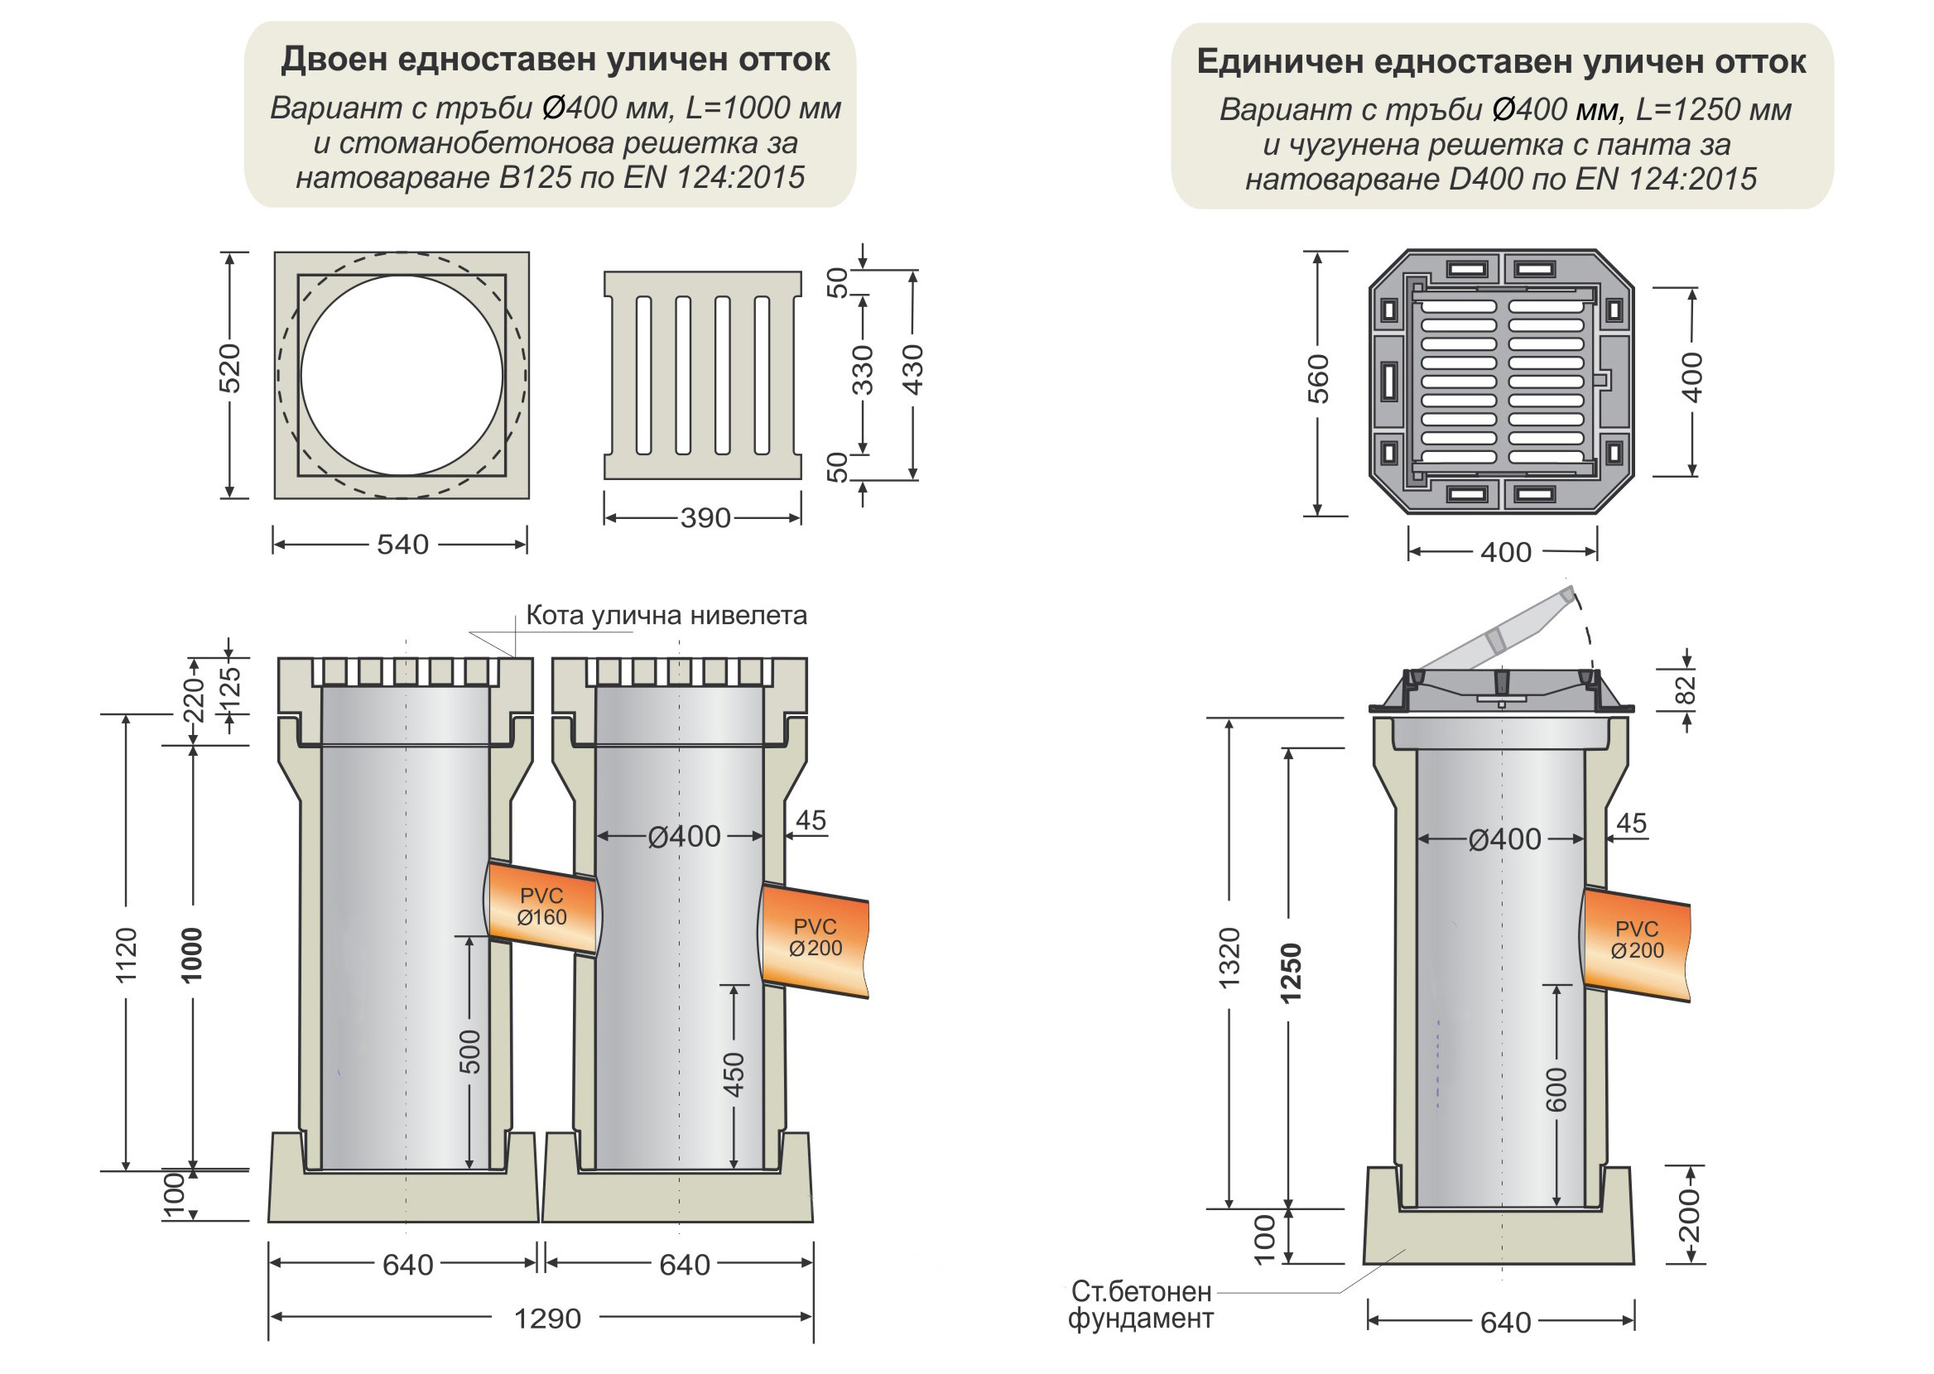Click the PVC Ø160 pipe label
pos(541,906)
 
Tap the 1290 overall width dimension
pos(547,1319)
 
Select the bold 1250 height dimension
pos(1289,973)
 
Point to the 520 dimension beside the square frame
pos(230,368)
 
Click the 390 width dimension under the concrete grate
pos(705,518)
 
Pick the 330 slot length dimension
pos(862,371)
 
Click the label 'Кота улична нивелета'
pos(666,615)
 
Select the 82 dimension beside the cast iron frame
pos(1686,689)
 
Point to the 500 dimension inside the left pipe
pos(469,1052)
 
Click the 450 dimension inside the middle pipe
pos(734,1074)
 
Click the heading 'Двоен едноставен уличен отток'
pos(555,60)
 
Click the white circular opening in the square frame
pos(402,375)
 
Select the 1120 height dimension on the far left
pos(126,956)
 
